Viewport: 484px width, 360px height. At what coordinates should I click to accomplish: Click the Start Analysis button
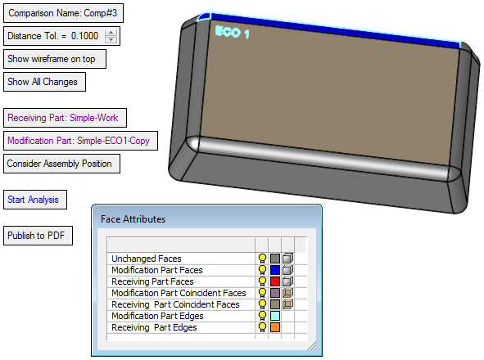35,200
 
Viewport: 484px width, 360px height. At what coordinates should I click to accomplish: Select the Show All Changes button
44,82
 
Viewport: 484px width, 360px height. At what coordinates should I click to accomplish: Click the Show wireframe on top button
55,59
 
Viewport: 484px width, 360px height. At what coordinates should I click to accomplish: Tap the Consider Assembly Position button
61,164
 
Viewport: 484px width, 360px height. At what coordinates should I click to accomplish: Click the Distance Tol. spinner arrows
111,36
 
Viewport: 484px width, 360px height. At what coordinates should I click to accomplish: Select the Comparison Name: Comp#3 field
63,13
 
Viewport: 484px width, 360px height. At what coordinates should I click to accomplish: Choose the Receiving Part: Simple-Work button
65,118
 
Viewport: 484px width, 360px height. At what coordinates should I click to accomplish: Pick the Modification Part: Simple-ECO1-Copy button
80,141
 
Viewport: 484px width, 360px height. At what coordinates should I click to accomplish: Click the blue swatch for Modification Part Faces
275,270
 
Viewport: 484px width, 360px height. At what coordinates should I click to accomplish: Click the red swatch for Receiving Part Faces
275,281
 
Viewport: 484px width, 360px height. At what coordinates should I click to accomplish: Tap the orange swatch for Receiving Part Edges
275,327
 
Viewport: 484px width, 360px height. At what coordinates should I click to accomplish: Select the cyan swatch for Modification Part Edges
275,316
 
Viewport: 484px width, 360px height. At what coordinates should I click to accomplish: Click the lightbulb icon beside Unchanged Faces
262,259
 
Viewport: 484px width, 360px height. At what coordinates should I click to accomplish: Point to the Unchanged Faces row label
147,259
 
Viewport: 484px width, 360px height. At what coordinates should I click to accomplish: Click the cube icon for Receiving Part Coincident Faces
287,304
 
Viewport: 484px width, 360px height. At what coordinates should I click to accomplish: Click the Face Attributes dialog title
133,219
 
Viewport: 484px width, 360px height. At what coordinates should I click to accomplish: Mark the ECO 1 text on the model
232,32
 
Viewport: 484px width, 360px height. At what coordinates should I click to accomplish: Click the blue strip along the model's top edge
335,31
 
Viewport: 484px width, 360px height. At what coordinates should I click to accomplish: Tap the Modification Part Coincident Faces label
179,293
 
